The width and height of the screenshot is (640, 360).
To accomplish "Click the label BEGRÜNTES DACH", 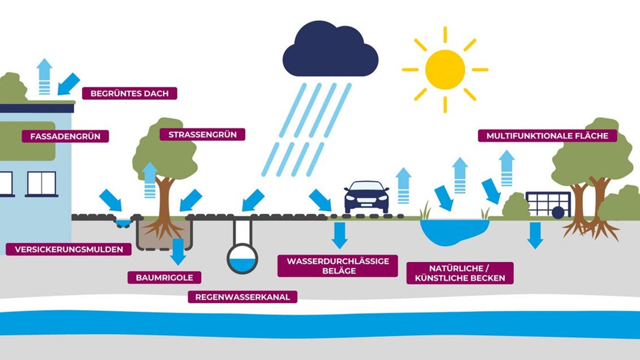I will pos(129,93).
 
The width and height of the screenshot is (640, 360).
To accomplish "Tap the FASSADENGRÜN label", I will pos(65,136).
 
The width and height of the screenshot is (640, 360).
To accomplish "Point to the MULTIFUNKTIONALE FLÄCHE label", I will pos(547,136).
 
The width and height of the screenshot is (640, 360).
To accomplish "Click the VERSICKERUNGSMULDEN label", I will pos(69,249).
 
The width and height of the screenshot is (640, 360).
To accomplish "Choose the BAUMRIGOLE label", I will pos(164,277).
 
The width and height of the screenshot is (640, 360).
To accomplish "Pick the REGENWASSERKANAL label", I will pos(243,297).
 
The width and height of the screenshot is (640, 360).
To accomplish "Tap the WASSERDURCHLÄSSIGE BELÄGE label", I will pos(337,266).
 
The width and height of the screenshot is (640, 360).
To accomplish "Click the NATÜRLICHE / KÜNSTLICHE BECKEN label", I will pos(460,273).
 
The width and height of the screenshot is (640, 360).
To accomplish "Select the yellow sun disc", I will pos(445,70).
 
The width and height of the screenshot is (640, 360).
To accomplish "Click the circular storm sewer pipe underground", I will pos(243,258).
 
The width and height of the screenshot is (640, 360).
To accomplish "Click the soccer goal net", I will pos(548,203).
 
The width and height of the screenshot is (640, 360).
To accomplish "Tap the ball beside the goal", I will pos(558,212).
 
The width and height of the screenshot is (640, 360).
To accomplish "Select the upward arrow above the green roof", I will pos(44,76).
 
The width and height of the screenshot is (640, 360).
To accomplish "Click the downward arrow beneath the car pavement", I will pos(339,235).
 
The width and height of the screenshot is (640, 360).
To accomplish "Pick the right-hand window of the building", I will pos(42,183).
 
